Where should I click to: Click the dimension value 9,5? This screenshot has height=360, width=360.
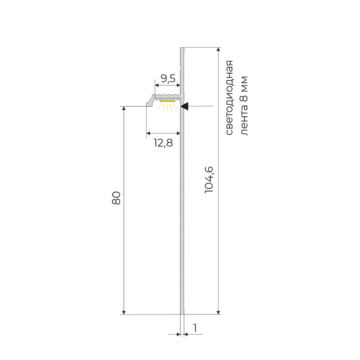click(x=167, y=79)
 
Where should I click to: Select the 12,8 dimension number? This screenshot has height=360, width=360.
click(x=163, y=143)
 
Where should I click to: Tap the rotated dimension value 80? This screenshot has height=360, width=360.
click(x=116, y=198)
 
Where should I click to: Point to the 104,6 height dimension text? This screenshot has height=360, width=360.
click(x=209, y=180)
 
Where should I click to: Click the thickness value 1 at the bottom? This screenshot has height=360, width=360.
click(x=195, y=328)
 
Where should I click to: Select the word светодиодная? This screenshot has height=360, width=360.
click(x=229, y=98)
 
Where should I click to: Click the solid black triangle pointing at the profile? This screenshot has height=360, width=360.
click(x=185, y=106)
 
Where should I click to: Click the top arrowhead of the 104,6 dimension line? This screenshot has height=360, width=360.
click(x=219, y=50)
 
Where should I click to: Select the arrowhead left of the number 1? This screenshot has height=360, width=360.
click(x=178, y=334)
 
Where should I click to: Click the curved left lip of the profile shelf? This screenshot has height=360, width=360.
click(x=150, y=101)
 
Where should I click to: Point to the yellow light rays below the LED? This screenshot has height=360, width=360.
click(x=167, y=107)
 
